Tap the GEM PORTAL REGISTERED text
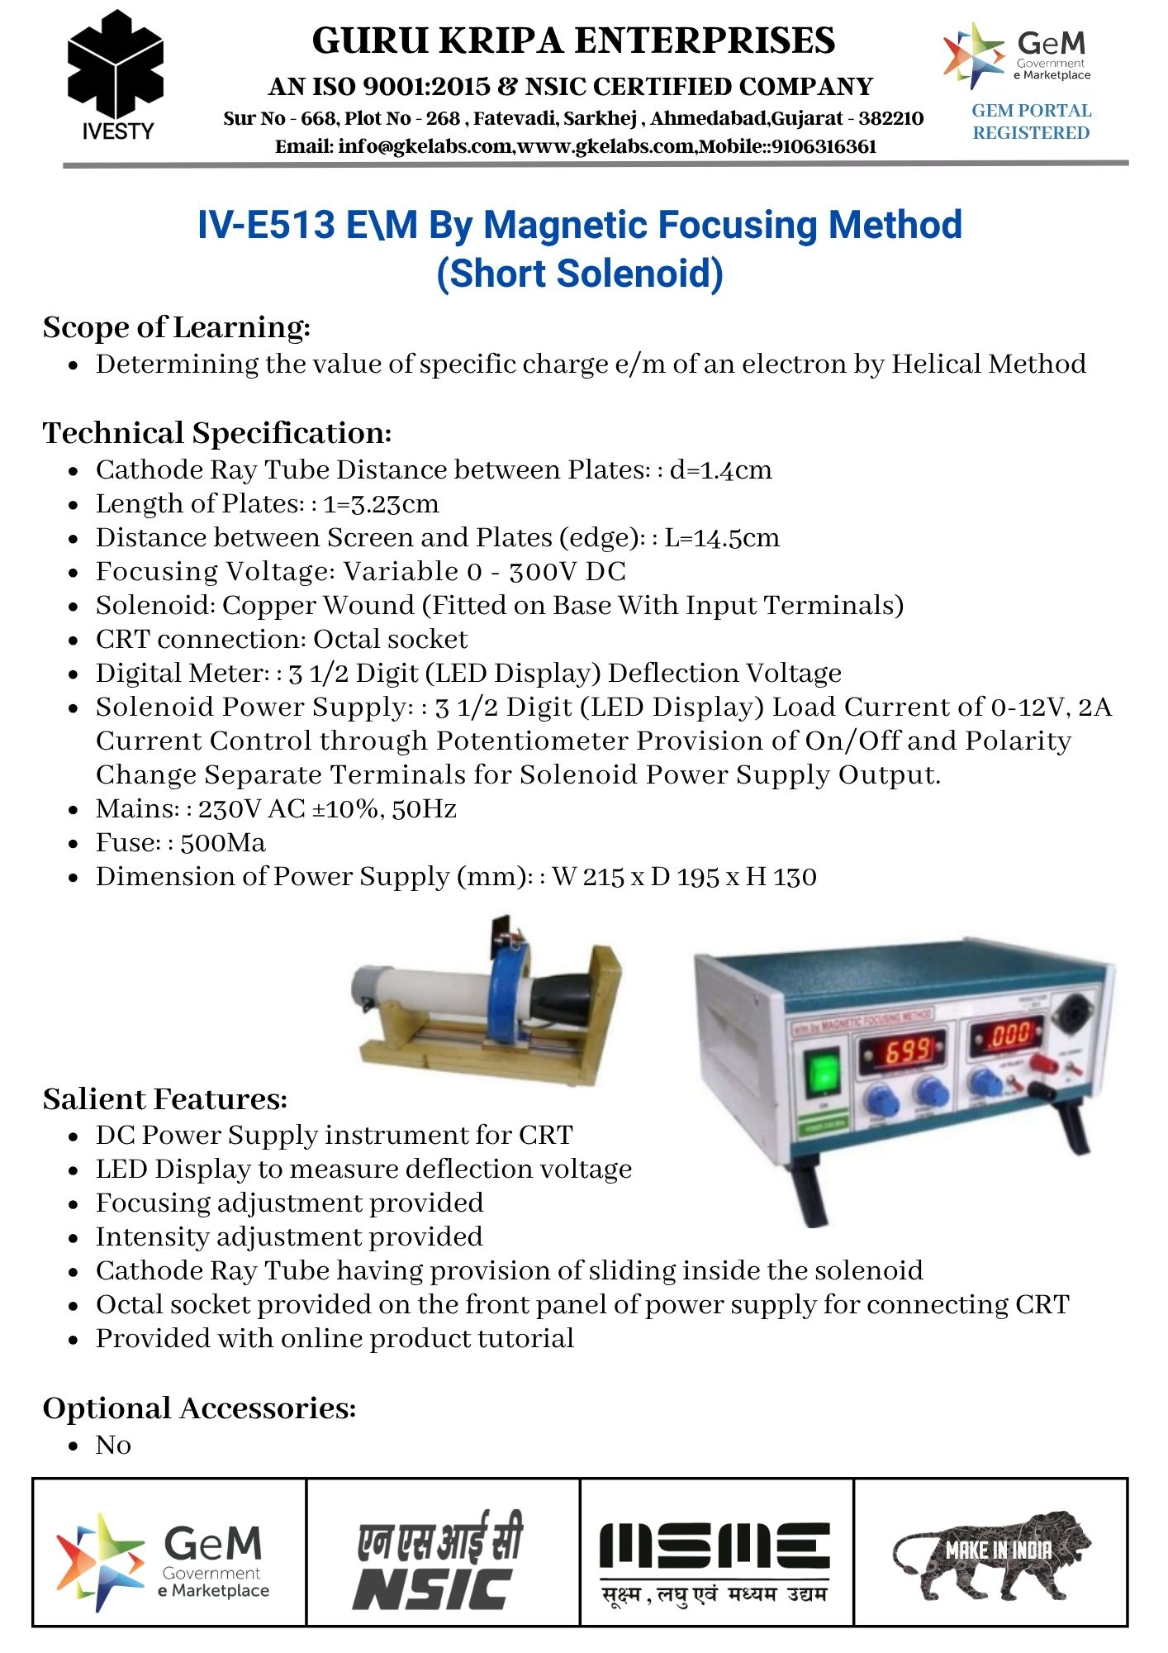pos(1031,121)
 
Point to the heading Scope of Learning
pos(176,327)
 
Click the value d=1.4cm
pos(720,470)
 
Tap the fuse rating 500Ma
pos(223,843)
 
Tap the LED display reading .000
pos(1009,1033)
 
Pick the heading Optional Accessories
pos(199,1408)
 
